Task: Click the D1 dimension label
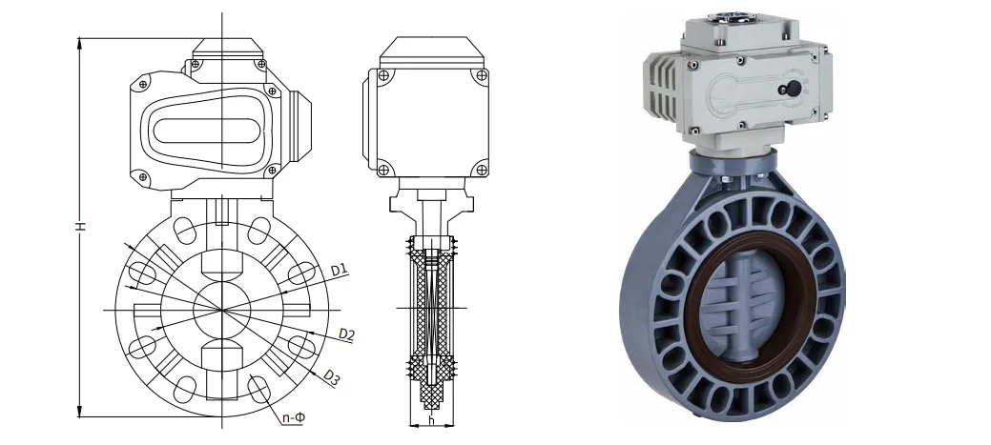tap(340, 271)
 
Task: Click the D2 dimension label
tap(346, 334)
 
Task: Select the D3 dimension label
tap(332, 377)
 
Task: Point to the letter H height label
tap(81, 225)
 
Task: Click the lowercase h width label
tap(432, 420)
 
